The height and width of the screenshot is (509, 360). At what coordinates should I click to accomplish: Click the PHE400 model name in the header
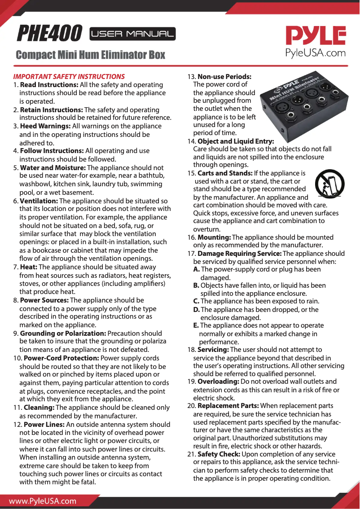[49, 33]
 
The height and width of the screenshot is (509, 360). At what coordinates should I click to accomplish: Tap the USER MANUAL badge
[132, 34]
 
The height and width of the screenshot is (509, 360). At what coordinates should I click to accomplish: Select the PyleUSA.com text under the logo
[316, 53]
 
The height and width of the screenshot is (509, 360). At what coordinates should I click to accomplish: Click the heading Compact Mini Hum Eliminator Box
[90, 55]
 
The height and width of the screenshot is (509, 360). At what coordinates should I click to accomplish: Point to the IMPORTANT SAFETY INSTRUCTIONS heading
[69, 76]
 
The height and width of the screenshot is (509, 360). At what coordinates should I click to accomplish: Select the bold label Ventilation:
[39, 201]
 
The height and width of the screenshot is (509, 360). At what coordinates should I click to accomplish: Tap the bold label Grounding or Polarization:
[63, 333]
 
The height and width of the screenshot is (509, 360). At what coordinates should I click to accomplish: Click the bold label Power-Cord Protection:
[61, 358]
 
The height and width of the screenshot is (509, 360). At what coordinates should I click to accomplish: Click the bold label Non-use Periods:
[224, 76]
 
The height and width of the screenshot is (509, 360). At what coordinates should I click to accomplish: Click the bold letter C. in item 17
[196, 301]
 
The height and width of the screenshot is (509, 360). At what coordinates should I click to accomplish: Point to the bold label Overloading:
[218, 382]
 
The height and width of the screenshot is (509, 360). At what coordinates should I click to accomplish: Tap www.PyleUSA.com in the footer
[43, 501]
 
